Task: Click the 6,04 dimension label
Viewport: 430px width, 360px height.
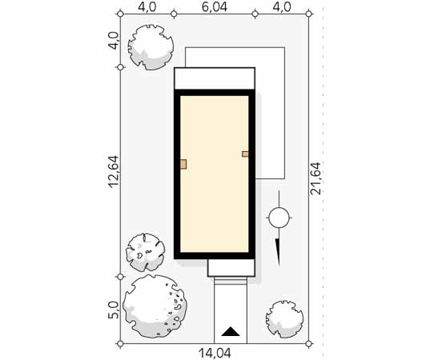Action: click(x=215, y=7)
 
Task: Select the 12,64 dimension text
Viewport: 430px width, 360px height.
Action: click(x=113, y=172)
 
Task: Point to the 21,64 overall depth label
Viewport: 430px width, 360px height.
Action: click(x=315, y=178)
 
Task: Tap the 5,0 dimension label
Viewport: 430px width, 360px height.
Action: click(x=113, y=310)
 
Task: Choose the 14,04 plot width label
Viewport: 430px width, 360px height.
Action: click(x=215, y=354)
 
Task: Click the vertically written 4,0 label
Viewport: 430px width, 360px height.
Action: click(x=113, y=41)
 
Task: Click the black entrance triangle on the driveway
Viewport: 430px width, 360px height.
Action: click(x=231, y=331)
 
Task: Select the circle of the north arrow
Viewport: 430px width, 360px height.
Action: click(x=279, y=218)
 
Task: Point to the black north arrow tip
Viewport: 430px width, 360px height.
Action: click(x=279, y=266)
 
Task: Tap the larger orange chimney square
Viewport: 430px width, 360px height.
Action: click(x=183, y=164)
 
